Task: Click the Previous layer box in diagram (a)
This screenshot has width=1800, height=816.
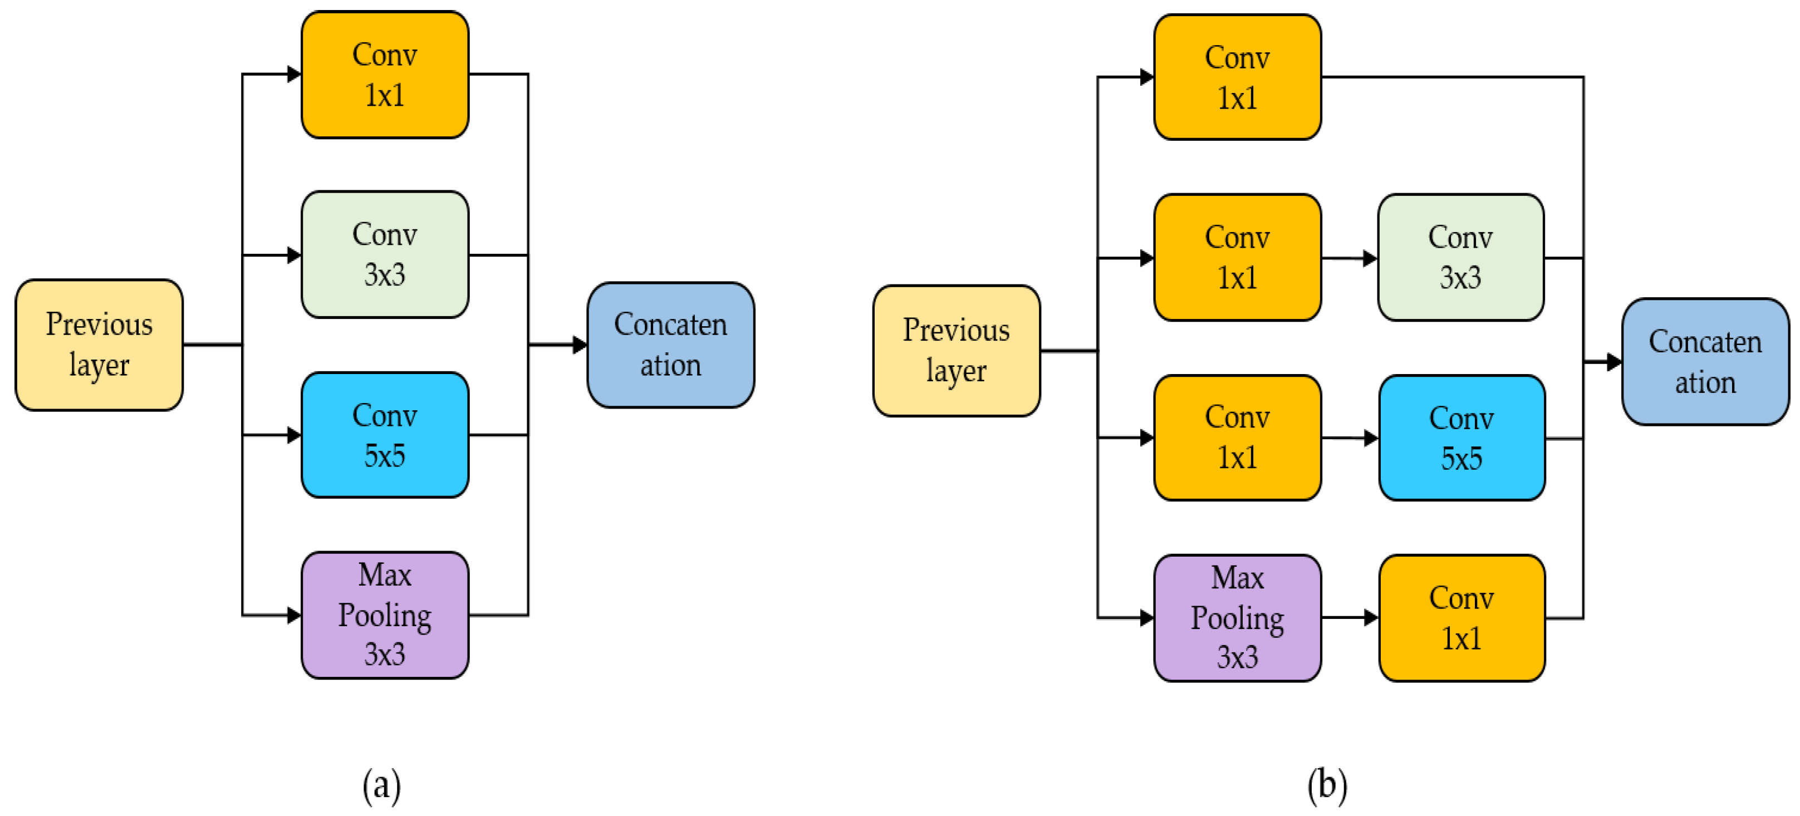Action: point(99,345)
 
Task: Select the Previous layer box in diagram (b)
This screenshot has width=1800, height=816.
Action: point(956,351)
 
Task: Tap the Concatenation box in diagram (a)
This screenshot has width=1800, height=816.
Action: point(670,345)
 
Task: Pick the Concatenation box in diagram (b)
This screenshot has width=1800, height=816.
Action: point(1704,362)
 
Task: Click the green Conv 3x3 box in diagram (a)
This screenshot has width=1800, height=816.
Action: point(384,255)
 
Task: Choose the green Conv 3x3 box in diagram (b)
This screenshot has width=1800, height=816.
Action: point(1460,258)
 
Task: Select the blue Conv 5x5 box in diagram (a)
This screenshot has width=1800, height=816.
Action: point(384,435)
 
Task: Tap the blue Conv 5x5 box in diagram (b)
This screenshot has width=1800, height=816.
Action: point(1461,438)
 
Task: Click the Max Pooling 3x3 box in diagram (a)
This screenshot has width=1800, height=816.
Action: point(384,615)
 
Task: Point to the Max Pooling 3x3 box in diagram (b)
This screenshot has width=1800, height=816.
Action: point(1237,618)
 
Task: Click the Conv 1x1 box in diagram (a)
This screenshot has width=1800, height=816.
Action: point(384,75)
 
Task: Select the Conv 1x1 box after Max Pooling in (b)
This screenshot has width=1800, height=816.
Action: point(1461,618)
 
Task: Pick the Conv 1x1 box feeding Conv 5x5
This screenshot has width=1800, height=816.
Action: point(1237,438)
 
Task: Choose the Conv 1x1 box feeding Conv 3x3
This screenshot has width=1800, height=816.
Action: point(1237,258)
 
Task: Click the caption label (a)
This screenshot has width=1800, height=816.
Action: point(381,785)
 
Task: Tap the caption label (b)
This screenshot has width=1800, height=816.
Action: point(1327,785)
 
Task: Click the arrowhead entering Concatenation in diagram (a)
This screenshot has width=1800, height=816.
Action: point(579,345)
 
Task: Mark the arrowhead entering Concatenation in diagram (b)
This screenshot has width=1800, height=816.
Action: point(1613,362)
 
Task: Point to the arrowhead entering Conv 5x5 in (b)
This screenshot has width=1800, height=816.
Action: point(1371,438)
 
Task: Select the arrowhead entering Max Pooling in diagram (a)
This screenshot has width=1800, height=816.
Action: point(294,615)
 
